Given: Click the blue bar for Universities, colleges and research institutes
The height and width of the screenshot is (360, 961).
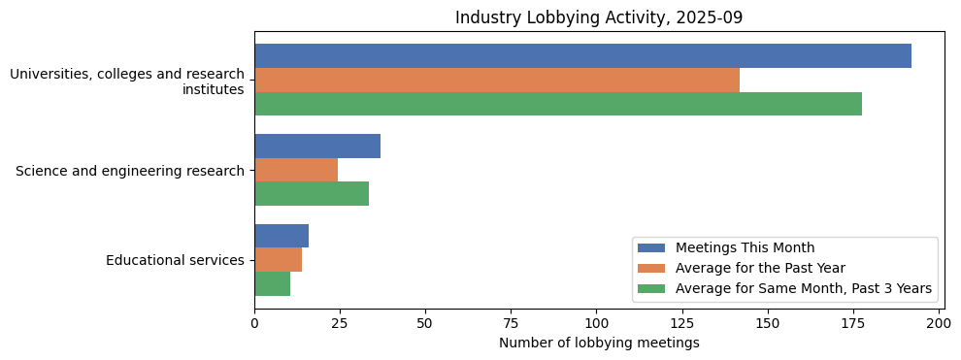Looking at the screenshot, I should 582,56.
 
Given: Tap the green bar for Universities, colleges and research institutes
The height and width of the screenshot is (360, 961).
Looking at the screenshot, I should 558,105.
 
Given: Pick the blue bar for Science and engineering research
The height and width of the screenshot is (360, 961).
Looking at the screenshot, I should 317,147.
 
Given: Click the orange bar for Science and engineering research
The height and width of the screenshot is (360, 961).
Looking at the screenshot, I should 296,171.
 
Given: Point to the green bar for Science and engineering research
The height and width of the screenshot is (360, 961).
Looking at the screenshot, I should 312,194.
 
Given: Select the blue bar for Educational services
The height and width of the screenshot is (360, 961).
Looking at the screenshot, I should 282,236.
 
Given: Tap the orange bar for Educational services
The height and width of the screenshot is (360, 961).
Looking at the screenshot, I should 278,260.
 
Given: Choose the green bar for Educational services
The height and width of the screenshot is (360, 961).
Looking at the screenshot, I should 272,284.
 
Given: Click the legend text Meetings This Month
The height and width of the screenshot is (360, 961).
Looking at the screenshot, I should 745,247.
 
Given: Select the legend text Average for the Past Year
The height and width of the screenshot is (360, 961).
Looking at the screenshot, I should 760,268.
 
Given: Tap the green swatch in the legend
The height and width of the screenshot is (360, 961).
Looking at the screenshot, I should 651,288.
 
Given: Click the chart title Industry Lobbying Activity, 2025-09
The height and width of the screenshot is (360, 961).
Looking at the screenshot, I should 599,17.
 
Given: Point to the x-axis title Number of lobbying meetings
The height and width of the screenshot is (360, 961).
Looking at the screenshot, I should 599,343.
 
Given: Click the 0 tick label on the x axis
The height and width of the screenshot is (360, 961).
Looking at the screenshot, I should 254,323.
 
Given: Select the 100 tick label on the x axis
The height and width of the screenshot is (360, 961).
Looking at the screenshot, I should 596,323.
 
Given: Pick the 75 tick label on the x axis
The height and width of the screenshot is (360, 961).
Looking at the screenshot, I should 511,323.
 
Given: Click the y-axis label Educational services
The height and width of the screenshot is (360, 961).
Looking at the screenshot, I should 175,260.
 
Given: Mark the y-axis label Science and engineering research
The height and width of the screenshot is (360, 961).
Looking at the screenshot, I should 130,171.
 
